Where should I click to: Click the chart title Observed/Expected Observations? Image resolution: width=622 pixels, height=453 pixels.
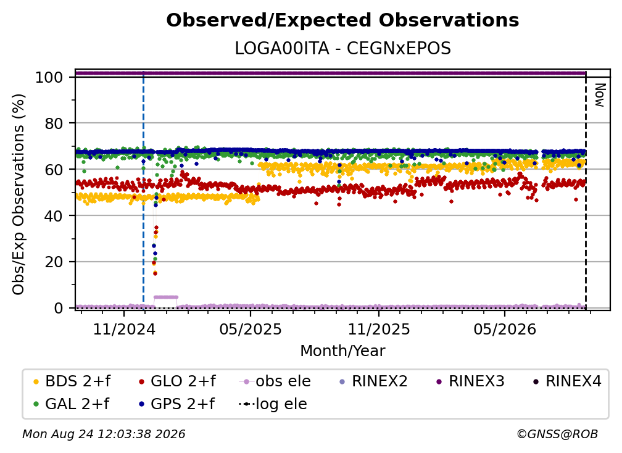tap(342, 20)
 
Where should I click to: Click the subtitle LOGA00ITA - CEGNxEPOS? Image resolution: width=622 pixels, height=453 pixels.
tap(342, 49)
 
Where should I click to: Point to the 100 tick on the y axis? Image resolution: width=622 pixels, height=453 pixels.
tap(49, 77)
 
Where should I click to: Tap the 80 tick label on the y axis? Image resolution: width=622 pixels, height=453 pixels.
tap(54, 123)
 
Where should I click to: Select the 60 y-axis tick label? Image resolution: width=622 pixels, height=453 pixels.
tap(54, 169)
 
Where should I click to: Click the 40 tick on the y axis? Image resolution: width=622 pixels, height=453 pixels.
tap(54, 216)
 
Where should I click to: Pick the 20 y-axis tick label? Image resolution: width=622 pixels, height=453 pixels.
tap(54, 262)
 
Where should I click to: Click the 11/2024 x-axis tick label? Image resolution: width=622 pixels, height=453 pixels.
tap(124, 329)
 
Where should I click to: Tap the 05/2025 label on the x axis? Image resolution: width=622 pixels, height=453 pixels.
tap(251, 329)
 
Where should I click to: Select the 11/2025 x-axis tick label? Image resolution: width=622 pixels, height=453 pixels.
tap(379, 329)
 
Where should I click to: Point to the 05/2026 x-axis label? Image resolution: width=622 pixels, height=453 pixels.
tap(505, 329)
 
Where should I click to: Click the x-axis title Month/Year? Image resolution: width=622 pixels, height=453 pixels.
tap(342, 351)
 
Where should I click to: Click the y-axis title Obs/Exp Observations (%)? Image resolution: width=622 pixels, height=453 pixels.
tap(19, 194)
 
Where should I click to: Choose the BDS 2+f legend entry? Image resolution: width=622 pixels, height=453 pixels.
tap(72, 381)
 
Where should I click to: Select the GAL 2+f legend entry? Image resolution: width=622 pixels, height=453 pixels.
tap(72, 404)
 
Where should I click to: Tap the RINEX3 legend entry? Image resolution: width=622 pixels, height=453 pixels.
tap(470, 381)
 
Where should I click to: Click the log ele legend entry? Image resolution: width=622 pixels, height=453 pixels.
tap(273, 404)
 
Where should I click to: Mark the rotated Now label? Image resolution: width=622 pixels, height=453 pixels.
tap(600, 95)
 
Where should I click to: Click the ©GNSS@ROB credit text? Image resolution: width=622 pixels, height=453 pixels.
tap(557, 434)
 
